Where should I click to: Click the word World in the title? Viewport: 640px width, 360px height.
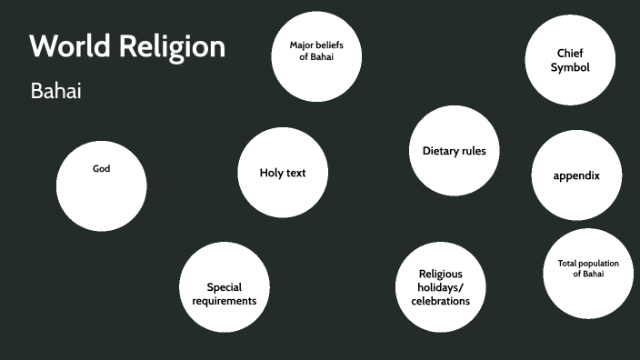click(70, 46)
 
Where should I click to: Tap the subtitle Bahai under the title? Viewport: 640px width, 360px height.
click(55, 91)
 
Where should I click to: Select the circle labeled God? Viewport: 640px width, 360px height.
click(101, 185)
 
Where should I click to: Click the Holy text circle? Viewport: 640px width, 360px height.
click(283, 173)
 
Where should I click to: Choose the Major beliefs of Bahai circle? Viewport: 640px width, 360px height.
click(316, 56)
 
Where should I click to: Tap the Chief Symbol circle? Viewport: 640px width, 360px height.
click(570, 60)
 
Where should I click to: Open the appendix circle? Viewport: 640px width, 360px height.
click(576, 175)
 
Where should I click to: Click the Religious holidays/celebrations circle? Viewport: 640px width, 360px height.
click(440, 287)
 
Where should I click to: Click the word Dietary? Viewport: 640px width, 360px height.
click(442, 151)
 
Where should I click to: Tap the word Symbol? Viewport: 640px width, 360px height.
click(570, 67)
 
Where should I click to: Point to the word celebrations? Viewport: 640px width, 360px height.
click(440, 300)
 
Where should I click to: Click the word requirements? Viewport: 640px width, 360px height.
click(225, 300)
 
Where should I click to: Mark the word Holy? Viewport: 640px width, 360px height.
click(272, 173)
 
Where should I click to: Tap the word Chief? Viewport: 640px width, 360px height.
click(570, 53)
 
